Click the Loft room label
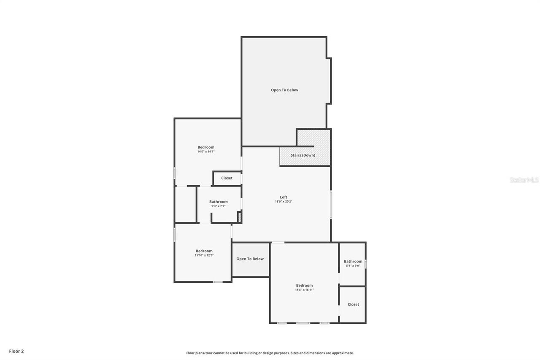[283, 197]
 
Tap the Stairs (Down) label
[302, 155]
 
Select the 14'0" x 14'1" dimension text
[206, 152]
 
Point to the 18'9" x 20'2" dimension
[283, 202]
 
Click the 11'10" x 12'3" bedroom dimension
[204, 255]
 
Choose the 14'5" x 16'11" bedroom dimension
[304, 290]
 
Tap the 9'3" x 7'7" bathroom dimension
[218, 206]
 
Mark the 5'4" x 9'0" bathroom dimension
[353, 266]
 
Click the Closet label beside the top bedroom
[227, 178]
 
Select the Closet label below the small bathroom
[353, 304]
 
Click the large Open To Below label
[284, 90]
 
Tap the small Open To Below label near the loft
[250, 259]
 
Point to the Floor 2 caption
[16, 351]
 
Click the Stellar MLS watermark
[524, 180]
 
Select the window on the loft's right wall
[331, 205]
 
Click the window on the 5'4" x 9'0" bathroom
[365, 264]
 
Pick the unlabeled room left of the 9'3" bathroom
[185, 204]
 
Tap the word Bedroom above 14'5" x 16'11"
[304, 285]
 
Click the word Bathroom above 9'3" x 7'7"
[218, 202]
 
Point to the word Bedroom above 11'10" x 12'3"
[204, 251]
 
